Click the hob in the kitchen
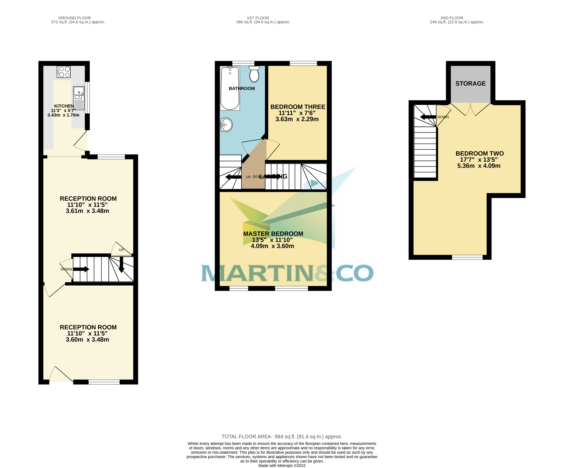[x=64, y=72]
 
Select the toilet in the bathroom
[x=254, y=74]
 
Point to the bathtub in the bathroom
[x=230, y=89]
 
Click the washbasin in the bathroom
[x=226, y=125]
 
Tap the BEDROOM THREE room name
[x=298, y=107]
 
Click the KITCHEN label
[x=64, y=106]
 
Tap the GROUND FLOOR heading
[x=74, y=18]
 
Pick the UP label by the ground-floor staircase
[x=121, y=250]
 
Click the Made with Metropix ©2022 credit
[x=282, y=466]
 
